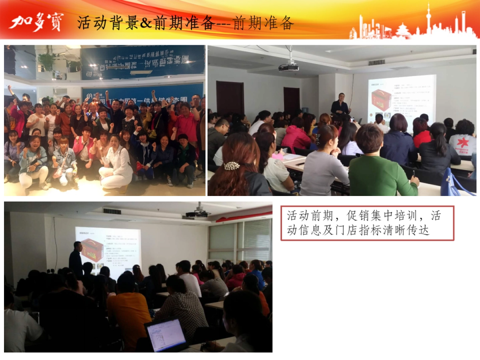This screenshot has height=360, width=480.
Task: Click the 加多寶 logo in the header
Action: [36, 23]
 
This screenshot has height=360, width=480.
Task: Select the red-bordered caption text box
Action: [367, 223]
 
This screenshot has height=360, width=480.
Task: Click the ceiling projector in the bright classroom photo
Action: [288, 67]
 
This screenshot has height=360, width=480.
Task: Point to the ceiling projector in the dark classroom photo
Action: [197, 214]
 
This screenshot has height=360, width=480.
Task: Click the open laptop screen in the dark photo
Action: [166, 335]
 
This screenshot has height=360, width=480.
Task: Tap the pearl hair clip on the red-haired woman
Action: [232, 166]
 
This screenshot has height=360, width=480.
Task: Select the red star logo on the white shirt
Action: [462, 142]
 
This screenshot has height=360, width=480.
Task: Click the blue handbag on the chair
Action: [456, 184]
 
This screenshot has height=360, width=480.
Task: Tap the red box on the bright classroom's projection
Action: [381, 100]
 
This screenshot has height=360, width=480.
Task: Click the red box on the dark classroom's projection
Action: [92, 250]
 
